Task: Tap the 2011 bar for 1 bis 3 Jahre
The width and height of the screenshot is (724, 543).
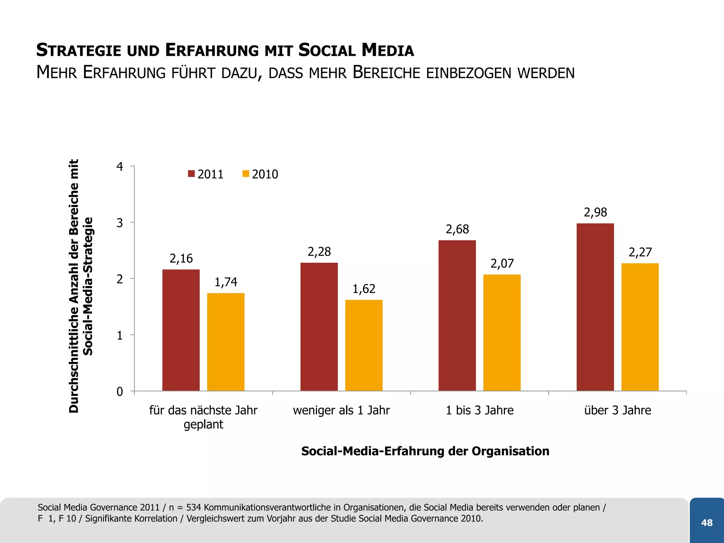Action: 457,315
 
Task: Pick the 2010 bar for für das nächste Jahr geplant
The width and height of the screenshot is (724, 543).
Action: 226,342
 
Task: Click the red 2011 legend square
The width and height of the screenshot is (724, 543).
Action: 191,174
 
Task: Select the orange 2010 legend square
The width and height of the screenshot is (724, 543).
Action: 246,174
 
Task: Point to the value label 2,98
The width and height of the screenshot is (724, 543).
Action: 595,212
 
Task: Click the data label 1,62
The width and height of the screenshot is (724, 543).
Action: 364,289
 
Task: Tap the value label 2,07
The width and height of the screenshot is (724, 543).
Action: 502,264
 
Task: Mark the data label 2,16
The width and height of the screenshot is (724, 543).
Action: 181,259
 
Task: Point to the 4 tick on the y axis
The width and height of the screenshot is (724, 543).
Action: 120,167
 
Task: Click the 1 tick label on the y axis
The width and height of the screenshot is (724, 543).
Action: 120,335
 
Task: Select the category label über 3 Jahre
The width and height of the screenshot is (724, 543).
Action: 617,410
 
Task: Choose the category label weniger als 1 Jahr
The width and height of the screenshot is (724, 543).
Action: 341,410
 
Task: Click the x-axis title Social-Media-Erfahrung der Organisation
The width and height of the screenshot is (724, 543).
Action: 425,451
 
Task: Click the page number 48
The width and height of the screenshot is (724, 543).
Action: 707,522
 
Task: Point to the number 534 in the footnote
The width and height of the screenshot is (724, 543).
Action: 193,508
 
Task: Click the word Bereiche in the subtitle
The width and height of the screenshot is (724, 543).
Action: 387,73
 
